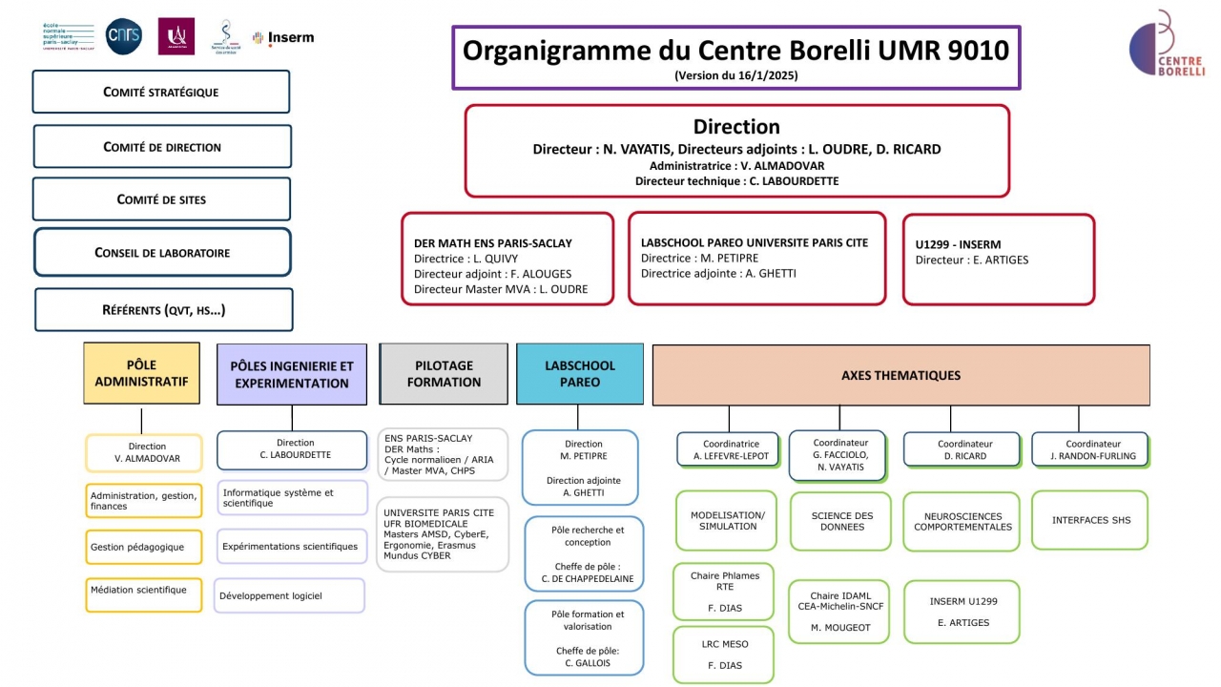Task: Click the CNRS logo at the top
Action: coord(123,36)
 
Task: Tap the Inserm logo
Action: coord(283,38)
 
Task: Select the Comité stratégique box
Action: coord(160,93)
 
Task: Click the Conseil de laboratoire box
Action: coord(161,253)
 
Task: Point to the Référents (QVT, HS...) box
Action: coord(163,310)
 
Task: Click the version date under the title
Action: coord(735,75)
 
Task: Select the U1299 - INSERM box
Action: coord(998,259)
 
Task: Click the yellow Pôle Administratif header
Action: coord(141,373)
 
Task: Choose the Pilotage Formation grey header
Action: coord(444,373)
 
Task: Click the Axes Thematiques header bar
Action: coord(900,375)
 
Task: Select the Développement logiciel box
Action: coord(289,595)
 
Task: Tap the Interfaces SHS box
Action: coord(1090,520)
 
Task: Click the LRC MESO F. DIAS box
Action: coord(724,655)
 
